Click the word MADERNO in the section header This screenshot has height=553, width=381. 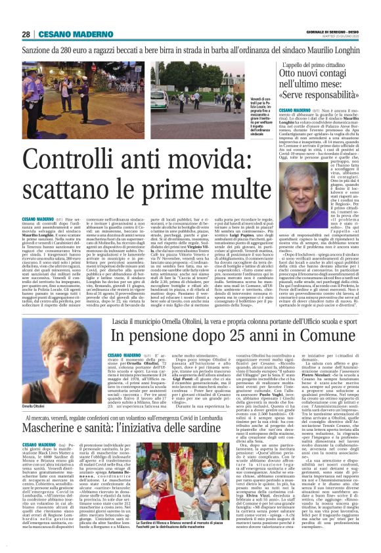(x=81, y=35)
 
